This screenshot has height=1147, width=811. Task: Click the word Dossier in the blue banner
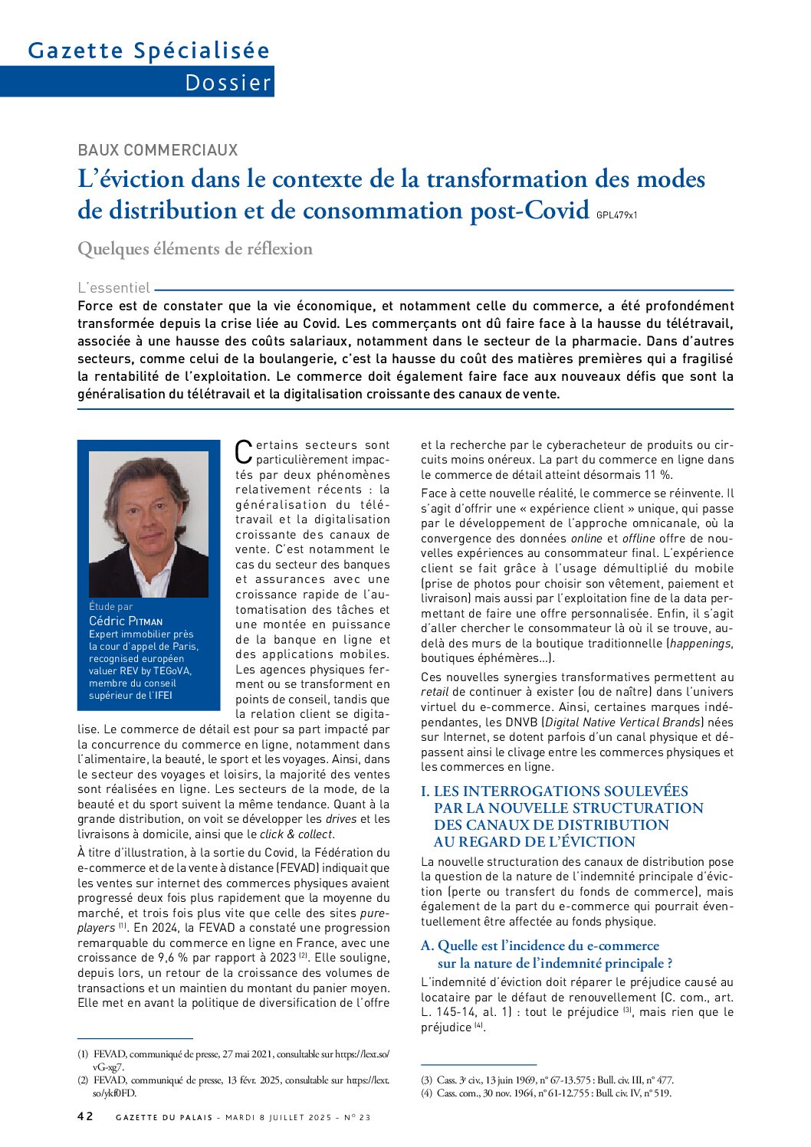point(228,82)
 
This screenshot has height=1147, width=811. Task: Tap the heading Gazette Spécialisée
point(149,51)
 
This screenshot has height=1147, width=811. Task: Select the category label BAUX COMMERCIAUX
point(158,150)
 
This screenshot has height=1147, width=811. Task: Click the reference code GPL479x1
point(616,215)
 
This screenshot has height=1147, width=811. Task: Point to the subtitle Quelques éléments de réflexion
point(195,249)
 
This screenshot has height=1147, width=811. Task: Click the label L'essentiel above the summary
point(113,288)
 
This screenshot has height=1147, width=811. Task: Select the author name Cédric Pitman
point(126,621)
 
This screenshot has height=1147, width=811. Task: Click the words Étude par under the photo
point(110,607)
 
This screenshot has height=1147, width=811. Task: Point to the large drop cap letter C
point(243,451)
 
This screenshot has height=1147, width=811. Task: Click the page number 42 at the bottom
point(85,1116)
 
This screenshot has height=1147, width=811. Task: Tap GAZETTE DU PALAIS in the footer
point(164,1117)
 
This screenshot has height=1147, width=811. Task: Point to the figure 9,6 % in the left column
point(181,958)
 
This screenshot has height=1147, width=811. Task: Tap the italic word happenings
point(701,644)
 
